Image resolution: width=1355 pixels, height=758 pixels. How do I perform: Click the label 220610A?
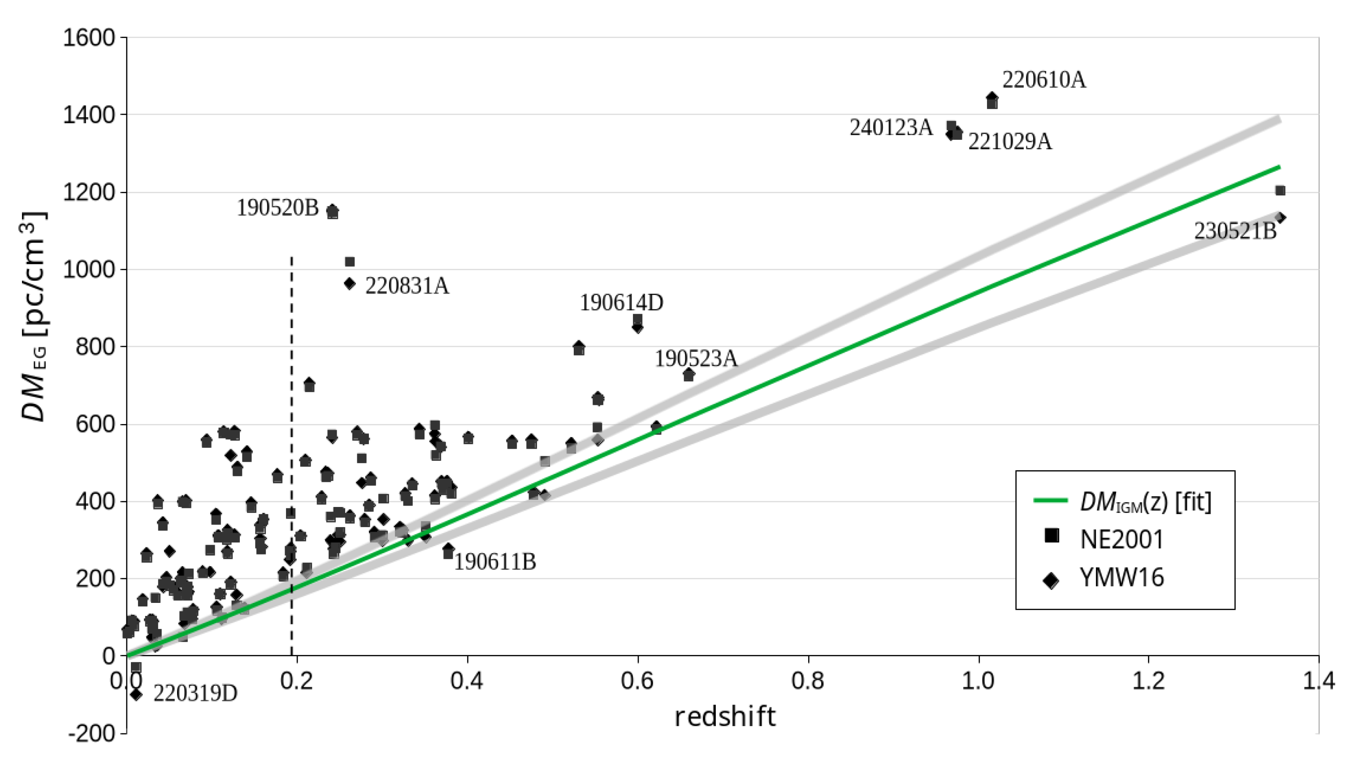click(1043, 80)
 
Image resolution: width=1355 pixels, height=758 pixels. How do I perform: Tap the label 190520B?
click(278, 208)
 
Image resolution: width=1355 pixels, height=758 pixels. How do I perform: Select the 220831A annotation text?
click(407, 286)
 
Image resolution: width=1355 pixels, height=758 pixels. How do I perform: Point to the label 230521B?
click(1234, 231)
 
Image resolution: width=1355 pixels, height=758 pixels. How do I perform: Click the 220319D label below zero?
click(195, 694)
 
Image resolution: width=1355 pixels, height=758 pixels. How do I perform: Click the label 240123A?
click(891, 128)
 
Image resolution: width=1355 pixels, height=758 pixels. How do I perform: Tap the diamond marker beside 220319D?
click(136, 694)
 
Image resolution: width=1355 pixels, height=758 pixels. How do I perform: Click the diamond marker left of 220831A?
click(350, 284)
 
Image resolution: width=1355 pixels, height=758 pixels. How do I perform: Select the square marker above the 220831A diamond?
click(350, 262)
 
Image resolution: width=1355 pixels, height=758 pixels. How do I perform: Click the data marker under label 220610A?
click(992, 100)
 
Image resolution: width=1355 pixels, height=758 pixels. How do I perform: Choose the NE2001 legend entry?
click(1121, 540)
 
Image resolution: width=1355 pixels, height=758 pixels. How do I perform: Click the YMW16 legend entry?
click(1121, 577)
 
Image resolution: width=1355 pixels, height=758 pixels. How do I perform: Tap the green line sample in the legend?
click(1051, 500)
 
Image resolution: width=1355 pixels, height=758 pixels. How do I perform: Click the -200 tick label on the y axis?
click(91, 733)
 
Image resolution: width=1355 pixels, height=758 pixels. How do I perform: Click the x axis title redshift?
click(725, 717)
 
